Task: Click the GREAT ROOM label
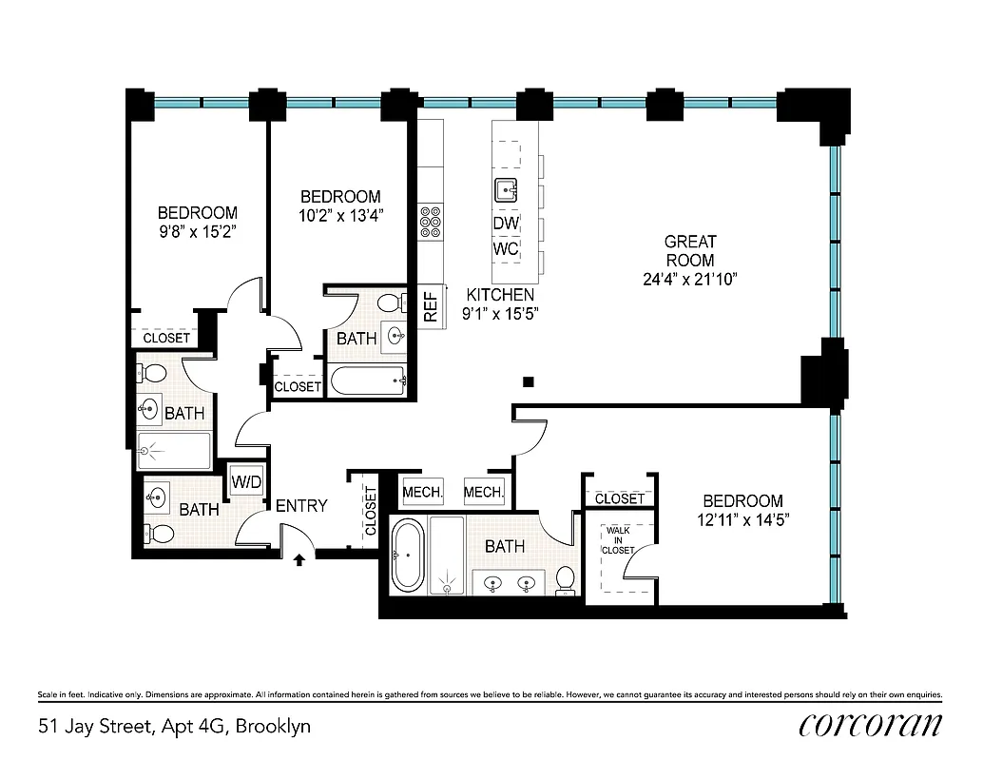point(690,251)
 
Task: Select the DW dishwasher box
point(506,223)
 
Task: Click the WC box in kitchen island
point(506,249)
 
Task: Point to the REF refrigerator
point(430,306)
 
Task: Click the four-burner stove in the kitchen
point(431,221)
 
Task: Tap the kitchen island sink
point(506,190)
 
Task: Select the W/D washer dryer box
point(246,481)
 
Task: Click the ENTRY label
point(301,506)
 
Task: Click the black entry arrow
point(300,559)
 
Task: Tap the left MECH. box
point(423,492)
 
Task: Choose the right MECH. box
point(484,492)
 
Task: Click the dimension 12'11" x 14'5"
point(742,520)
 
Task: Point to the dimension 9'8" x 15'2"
point(198,230)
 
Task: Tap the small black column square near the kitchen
point(529,382)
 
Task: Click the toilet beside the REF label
point(388,303)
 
